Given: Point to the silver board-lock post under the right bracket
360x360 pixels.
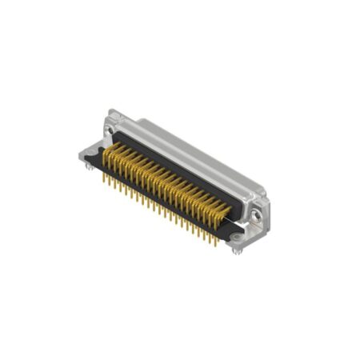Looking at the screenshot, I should pyautogui.click(x=238, y=250).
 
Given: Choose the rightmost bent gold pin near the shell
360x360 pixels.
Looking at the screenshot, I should pyautogui.click(x=227, y=210).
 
